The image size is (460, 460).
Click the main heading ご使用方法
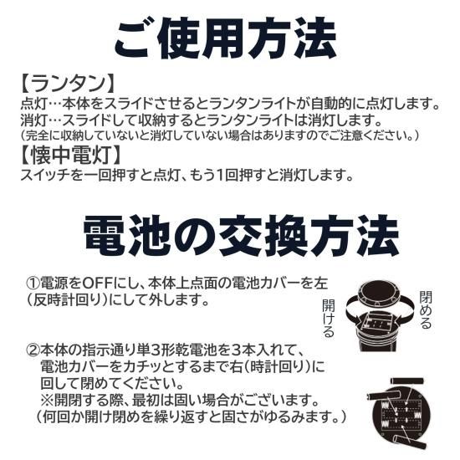click(225, 38)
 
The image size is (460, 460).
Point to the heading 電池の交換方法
click(241, 235)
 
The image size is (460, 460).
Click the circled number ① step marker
click(33, 283)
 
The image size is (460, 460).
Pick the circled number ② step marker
click(33, 350)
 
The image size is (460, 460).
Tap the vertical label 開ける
click(329, 319)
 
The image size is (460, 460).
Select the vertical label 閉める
click(426, 309)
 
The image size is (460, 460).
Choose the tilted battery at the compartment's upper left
click(381, 395)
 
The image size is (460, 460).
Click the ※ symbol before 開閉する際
click(46, 400)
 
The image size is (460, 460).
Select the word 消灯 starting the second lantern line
click(34, 120)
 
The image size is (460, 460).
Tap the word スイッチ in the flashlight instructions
click(46, 175)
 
